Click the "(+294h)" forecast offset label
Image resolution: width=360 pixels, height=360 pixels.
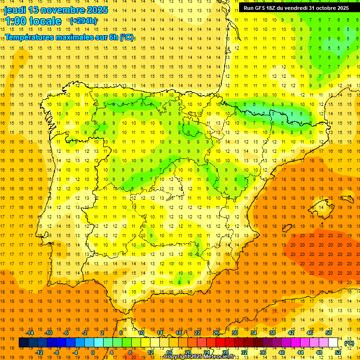[x=83, y=21]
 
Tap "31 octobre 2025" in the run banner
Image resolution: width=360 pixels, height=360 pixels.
[x=329, y=8]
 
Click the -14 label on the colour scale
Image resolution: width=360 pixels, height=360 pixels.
[x=30, y=332]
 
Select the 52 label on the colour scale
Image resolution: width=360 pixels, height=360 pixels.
[x=338, y=352]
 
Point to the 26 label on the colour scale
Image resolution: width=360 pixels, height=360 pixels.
[x=216, y=332]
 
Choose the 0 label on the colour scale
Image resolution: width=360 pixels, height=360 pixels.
[x=92, y=352]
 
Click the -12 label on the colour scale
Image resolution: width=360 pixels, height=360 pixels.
[x=39, y=352]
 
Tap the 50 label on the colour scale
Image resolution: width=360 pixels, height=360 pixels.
[x=329, y=332]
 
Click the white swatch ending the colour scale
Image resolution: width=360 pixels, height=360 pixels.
[x=333, y=343]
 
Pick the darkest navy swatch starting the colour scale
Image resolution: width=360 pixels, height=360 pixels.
[x=23, y=343]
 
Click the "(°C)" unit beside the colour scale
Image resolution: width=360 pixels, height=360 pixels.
[x=349, y=343]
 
